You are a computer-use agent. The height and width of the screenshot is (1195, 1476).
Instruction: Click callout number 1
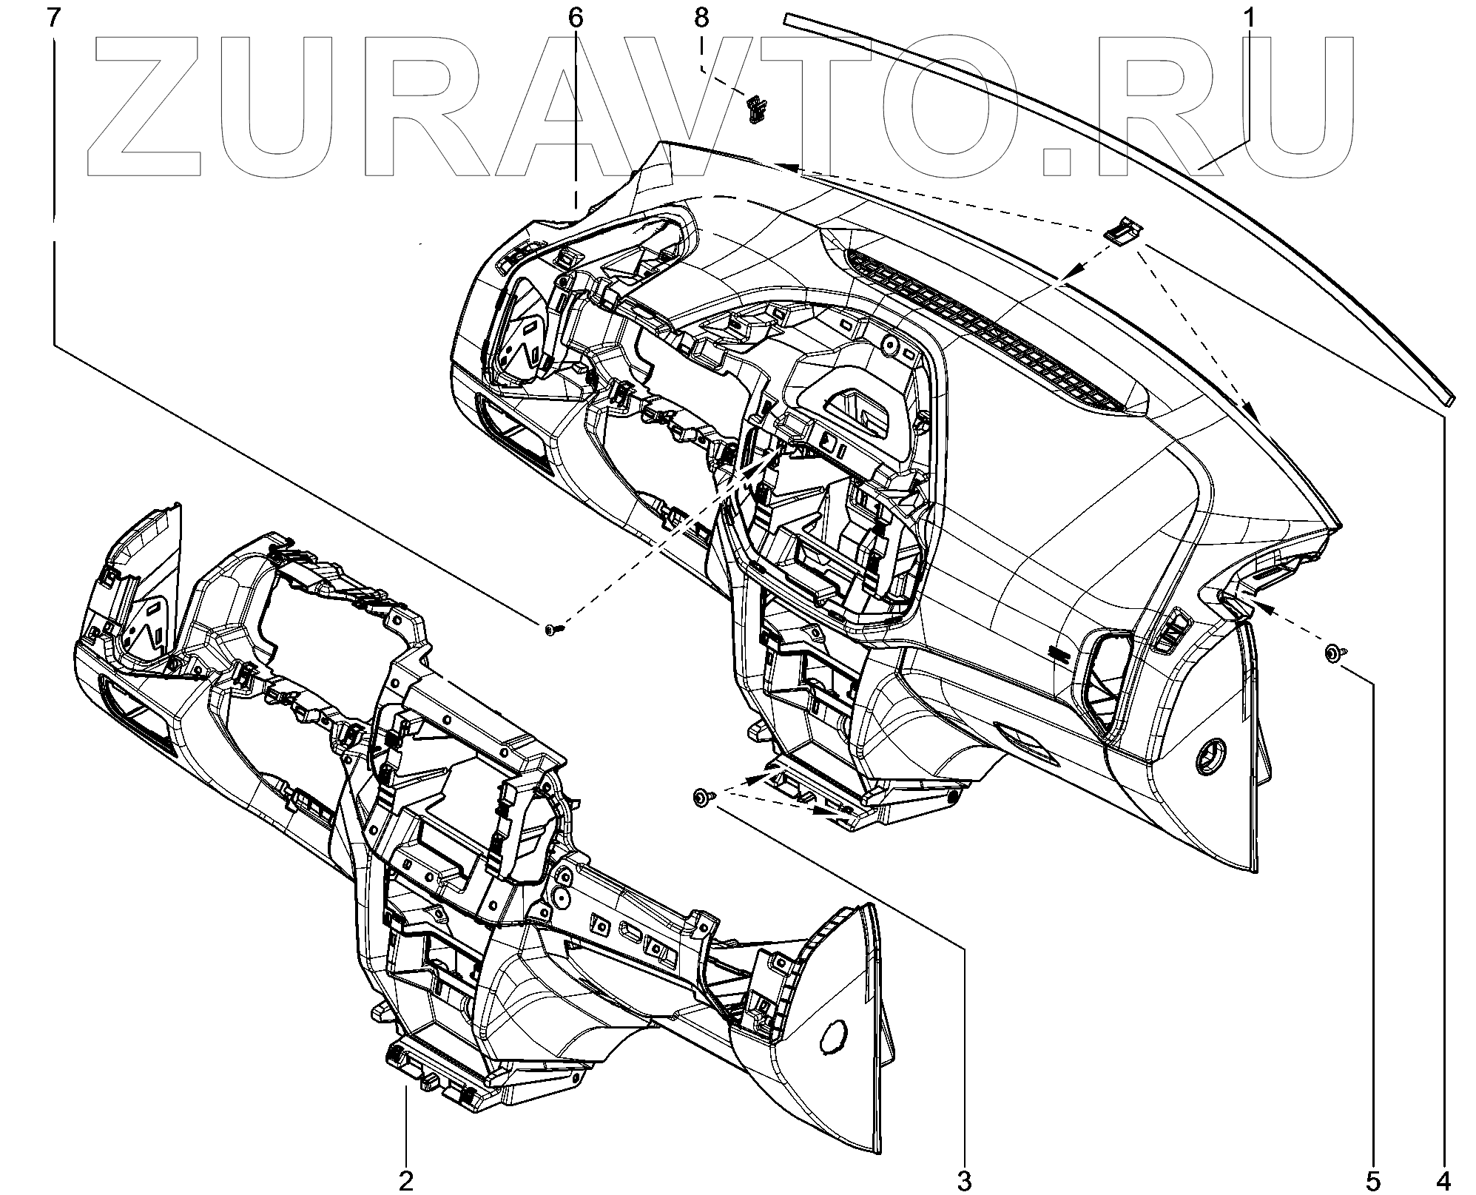(1248, 17)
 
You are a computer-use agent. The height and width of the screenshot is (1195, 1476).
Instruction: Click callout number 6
(576, 17)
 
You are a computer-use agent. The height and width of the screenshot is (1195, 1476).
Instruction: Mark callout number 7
(53, 17)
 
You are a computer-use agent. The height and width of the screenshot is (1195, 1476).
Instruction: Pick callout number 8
(701, 17)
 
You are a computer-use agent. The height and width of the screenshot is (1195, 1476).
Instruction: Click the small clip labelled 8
(754, 109)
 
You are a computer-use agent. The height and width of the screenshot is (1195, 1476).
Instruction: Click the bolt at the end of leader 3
(701, 796)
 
